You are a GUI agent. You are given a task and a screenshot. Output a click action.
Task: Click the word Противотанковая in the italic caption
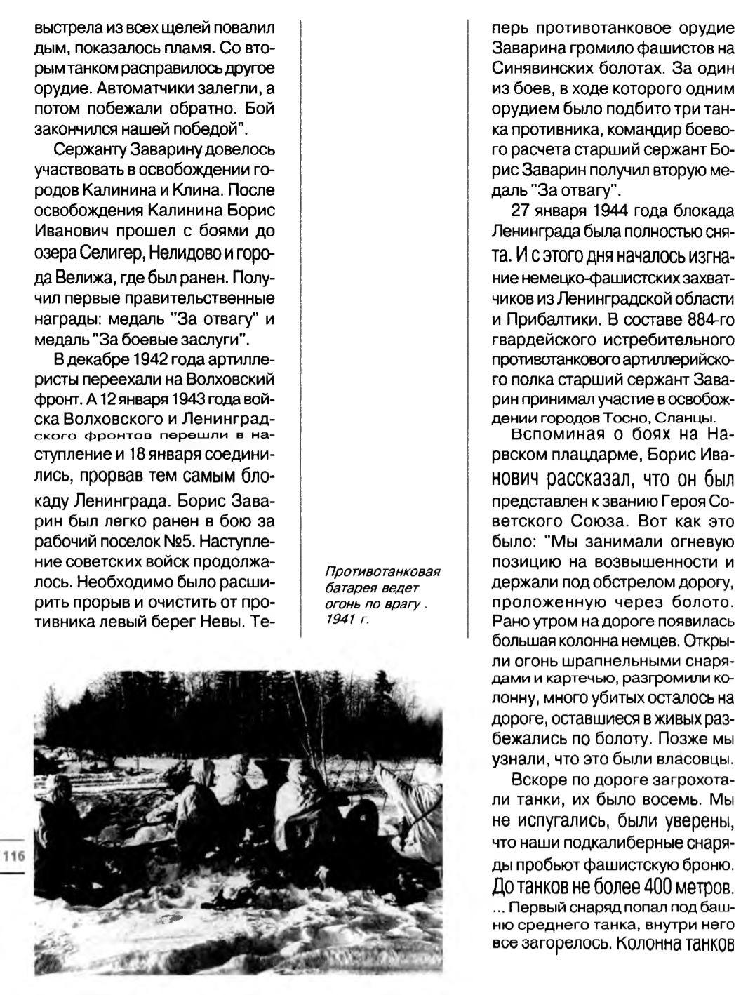coord(369,570)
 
